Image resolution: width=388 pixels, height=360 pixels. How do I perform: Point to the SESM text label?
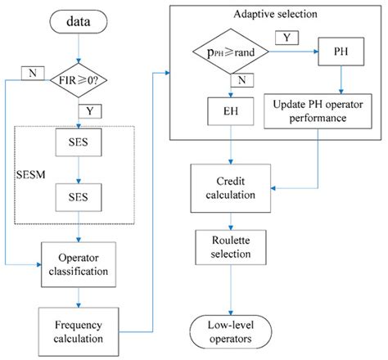pyautogui.click(x=31, y=174)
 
